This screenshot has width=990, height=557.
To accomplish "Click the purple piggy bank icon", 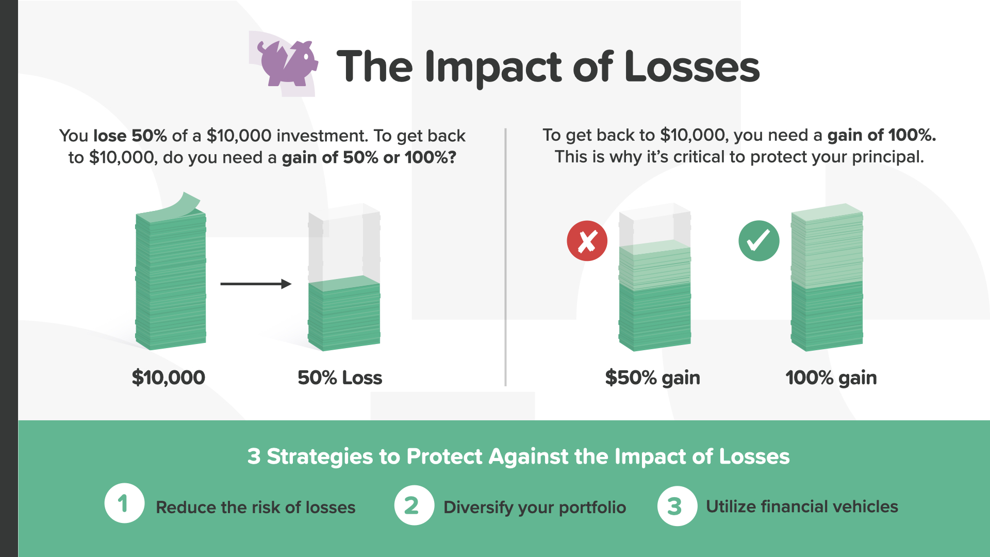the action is click(x=288, y=63).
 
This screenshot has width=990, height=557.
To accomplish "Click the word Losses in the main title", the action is click(x=692, y=67).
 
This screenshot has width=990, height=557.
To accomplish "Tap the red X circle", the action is click(x=587, y=241).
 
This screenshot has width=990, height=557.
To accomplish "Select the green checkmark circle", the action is click(x=758, y=241).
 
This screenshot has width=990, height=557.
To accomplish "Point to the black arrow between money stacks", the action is click(x=256, y=284).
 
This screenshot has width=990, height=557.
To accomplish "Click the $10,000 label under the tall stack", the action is click(x=169, y=378).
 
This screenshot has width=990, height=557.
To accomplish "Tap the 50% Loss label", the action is click(x=340, y=378).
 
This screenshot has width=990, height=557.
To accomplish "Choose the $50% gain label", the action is click(x=652, y=378).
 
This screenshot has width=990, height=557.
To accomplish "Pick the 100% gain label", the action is click(x=831, y=378).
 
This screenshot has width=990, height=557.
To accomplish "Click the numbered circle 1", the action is click(x=124, y=503).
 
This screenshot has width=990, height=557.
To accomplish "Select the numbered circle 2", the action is click(x=414, y=505).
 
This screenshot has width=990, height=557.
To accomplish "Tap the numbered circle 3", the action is click(x=677, y=506).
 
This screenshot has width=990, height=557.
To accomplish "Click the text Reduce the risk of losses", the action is click(x=256, y=507).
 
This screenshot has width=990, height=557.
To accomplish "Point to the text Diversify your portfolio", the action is click(x=535, y=507).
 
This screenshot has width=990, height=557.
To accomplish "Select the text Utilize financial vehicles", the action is click(x=802, y=506).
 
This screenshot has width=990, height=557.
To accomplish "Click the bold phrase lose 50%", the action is click(x=130, y=136).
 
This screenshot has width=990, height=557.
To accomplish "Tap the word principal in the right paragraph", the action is click(x=888, y=157).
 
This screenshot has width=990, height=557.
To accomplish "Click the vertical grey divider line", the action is click(x=505, y=257).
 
